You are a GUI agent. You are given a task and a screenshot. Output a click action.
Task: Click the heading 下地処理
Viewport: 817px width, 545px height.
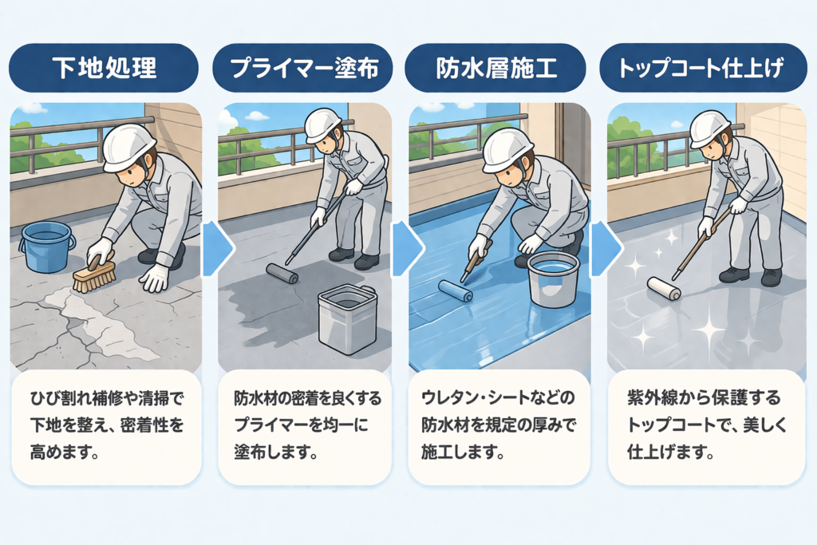[x=105, y=68]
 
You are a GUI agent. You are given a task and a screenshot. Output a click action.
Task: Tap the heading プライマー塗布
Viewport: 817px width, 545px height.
[x=304, y=69]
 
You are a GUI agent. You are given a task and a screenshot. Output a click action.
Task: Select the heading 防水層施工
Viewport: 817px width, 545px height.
[x=496, y=69]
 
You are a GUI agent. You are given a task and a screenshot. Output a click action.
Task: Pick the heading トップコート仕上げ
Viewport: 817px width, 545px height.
[x=701, y=69]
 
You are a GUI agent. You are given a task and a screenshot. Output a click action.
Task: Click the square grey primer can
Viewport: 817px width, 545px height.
[x=347, y=319]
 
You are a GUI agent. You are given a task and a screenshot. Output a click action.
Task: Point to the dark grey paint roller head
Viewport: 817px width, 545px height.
[x=282, y=273]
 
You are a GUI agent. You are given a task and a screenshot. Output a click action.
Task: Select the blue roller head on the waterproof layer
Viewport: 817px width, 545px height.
[x=455, y=290]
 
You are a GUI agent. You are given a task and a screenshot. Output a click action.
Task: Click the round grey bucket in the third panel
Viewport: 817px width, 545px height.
[x=553, y=279]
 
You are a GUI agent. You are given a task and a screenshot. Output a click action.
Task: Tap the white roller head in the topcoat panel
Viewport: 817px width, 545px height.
[x=664, y=288]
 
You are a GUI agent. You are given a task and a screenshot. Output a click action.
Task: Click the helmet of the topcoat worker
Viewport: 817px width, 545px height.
[x=709, y=128]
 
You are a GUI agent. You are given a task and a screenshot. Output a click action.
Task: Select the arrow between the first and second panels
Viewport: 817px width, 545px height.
[x=217, y=248]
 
